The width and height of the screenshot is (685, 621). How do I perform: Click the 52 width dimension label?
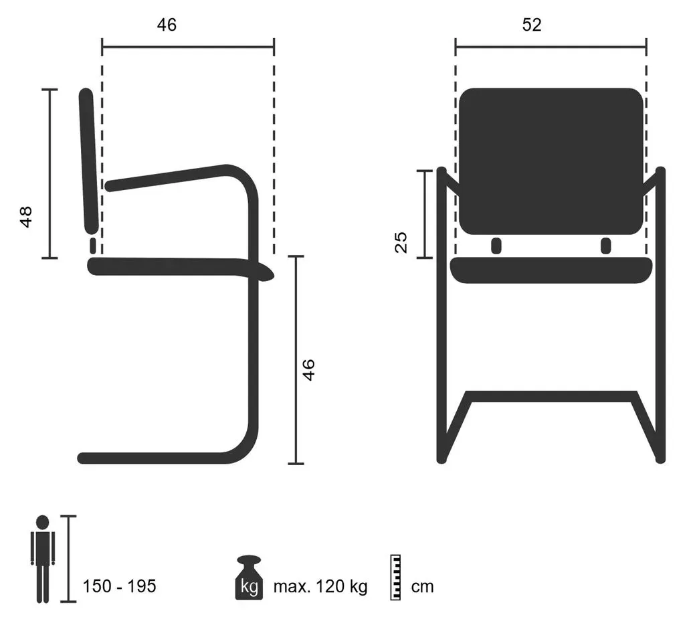click(x=532, y=25)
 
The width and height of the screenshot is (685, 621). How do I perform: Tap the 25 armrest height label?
click(x=401, y=242)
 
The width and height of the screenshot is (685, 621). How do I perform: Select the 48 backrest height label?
click(x=26, y=217)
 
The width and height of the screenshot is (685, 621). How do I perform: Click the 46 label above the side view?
click(x=167, y=25)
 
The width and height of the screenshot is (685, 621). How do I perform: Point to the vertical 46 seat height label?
click(x=308, y=369)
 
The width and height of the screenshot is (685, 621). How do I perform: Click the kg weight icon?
click(x=249, y=578)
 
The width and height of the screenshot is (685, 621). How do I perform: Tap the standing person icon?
click(x=42, y=559)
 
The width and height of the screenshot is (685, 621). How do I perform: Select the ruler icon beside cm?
click(x=395, y=578)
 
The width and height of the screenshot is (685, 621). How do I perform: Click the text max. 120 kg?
click(x=320, y=586)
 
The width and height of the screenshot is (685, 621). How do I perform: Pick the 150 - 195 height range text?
click(x=119, y=586)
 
